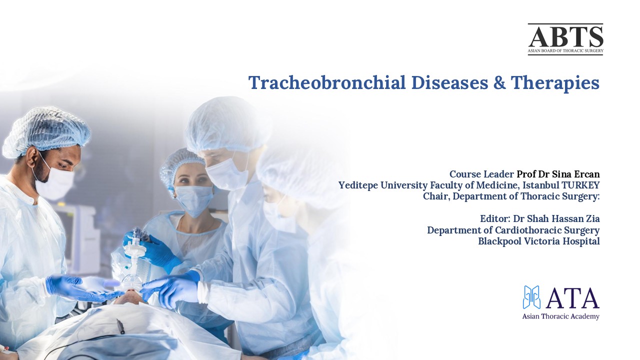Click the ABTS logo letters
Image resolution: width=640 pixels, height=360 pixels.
[565, 36]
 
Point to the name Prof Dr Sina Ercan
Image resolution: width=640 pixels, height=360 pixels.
[558, 174]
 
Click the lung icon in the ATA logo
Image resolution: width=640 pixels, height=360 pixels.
[532, 297]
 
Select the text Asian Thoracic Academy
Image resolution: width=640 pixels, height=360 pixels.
[560, 316]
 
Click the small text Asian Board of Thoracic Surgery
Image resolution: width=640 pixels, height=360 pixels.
[565, 51]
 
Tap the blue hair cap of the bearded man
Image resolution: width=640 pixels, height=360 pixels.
[47, 127]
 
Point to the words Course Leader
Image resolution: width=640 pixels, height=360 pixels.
[481, 174]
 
